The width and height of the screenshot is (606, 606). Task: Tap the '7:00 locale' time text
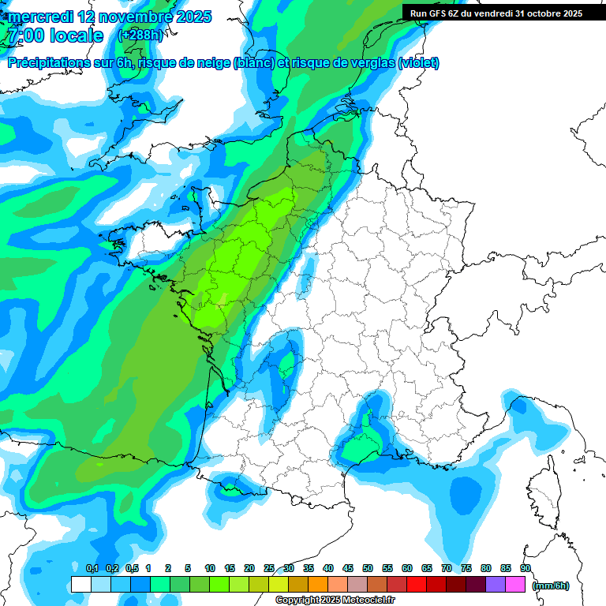pyautogui.click(x=54, y=36)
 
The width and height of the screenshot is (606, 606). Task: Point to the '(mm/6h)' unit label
pyautogui.click(x=551, y=585)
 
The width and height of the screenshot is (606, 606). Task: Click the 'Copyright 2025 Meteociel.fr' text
pyautogui.click(x=335, y=600)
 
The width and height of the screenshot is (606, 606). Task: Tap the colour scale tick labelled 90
pyautogui.click(x=526, y=568)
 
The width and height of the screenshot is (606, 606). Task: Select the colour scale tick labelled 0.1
pyautogui.click(x=92, y=568)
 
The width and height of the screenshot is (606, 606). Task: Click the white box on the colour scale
pyautogui.click(x=80, y=585)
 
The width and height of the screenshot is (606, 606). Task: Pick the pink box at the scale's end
pyautogui.click(x=515, y=585)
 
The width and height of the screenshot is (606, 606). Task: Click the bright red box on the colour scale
pyautogui.click(x=417, y=585)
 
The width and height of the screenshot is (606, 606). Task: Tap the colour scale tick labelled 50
pyautogui.click(x=368, y=568)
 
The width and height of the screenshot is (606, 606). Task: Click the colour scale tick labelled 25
pyautogui.click(x=269, y=568)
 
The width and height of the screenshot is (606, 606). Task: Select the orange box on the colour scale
pyautogui.click(x=318, y=585)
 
